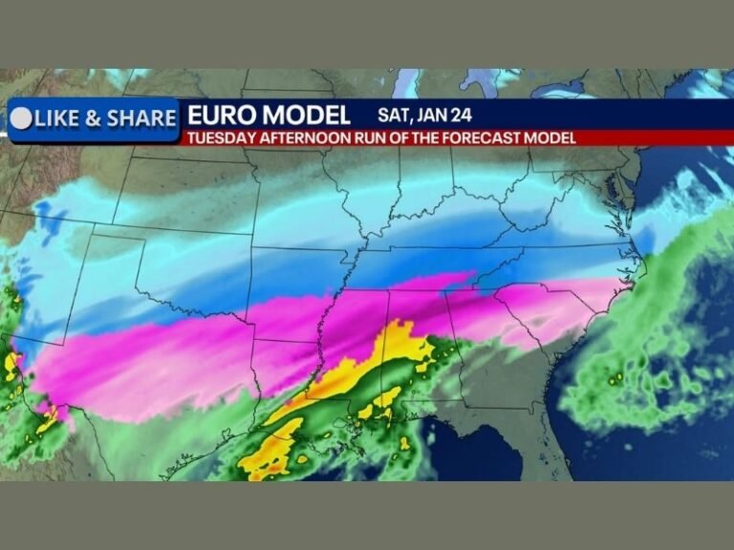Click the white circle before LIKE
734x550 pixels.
(20, 118)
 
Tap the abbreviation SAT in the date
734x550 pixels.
(378, 115)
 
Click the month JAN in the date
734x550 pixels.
(421, 115)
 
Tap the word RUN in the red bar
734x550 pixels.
(362, 137)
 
